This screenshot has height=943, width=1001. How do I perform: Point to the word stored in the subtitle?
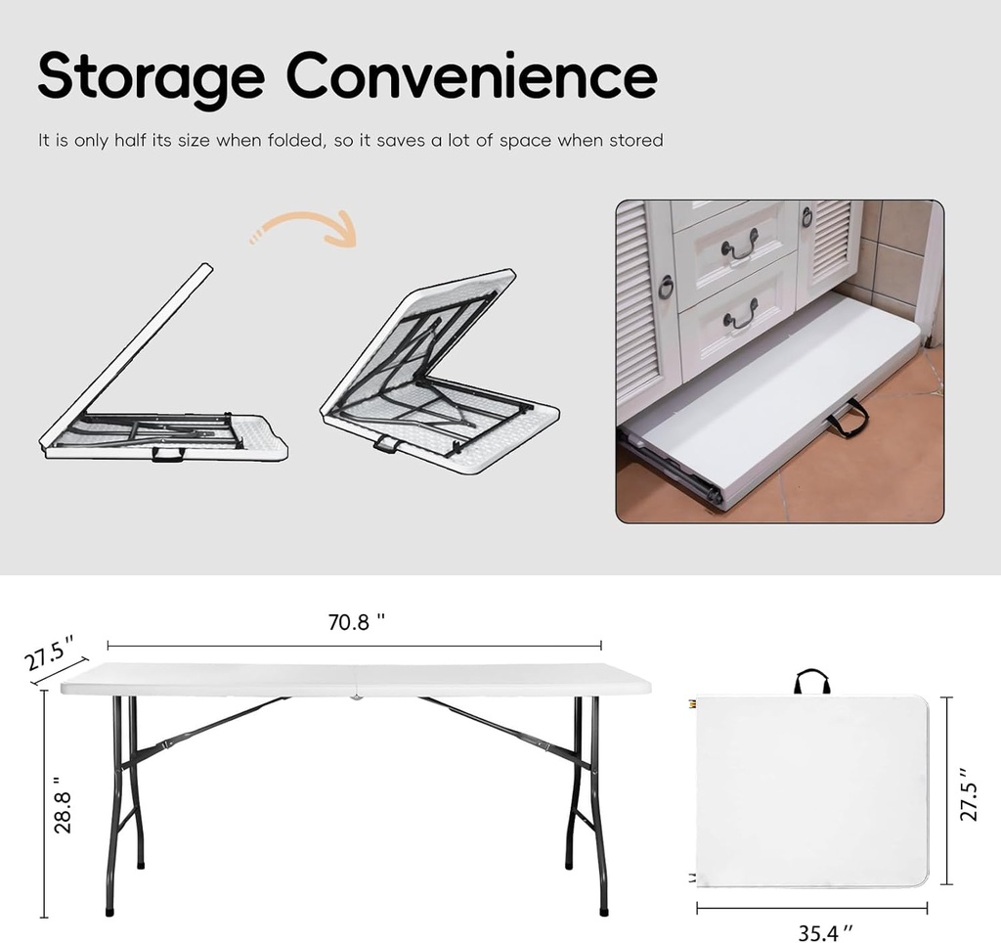pos(636,141)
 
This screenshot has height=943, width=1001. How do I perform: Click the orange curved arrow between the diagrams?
pos(307,229)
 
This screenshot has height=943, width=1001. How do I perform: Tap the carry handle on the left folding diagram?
pos(167,455)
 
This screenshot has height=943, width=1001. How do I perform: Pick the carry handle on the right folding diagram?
pos(386,445)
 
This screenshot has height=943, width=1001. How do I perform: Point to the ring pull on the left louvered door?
pos(666,288)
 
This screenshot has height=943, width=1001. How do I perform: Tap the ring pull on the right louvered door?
pos(806,217)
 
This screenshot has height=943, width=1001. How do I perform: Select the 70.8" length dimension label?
pos(356,622)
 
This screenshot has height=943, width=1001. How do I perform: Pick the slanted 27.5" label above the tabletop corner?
pos(49,653)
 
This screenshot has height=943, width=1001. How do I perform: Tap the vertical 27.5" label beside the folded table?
pos(968,794)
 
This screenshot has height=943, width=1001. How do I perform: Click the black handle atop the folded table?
pos(811,681)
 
